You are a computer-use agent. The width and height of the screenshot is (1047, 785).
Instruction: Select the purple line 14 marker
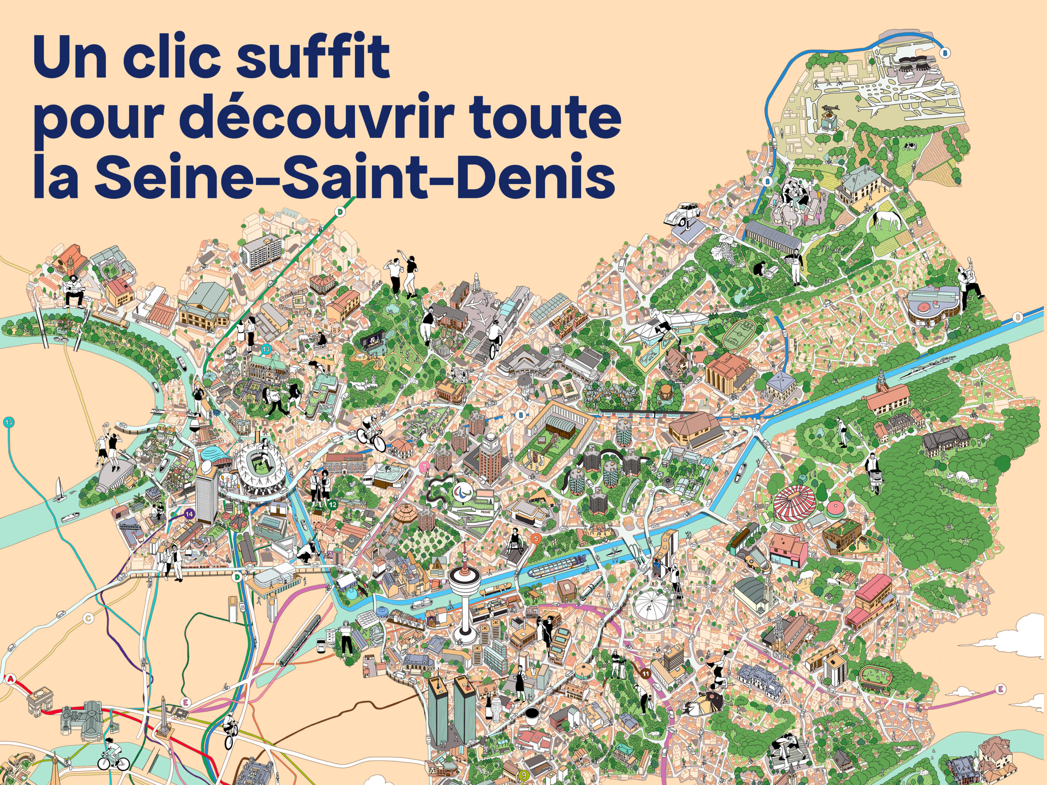click(189, 514)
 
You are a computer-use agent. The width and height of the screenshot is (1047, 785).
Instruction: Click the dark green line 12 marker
click(333, 505)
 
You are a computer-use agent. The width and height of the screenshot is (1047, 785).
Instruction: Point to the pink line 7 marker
click(425, 467)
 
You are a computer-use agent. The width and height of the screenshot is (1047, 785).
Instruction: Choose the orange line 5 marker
click(536, 538)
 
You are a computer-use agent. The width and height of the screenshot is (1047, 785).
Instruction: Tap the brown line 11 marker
click(646, 673)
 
